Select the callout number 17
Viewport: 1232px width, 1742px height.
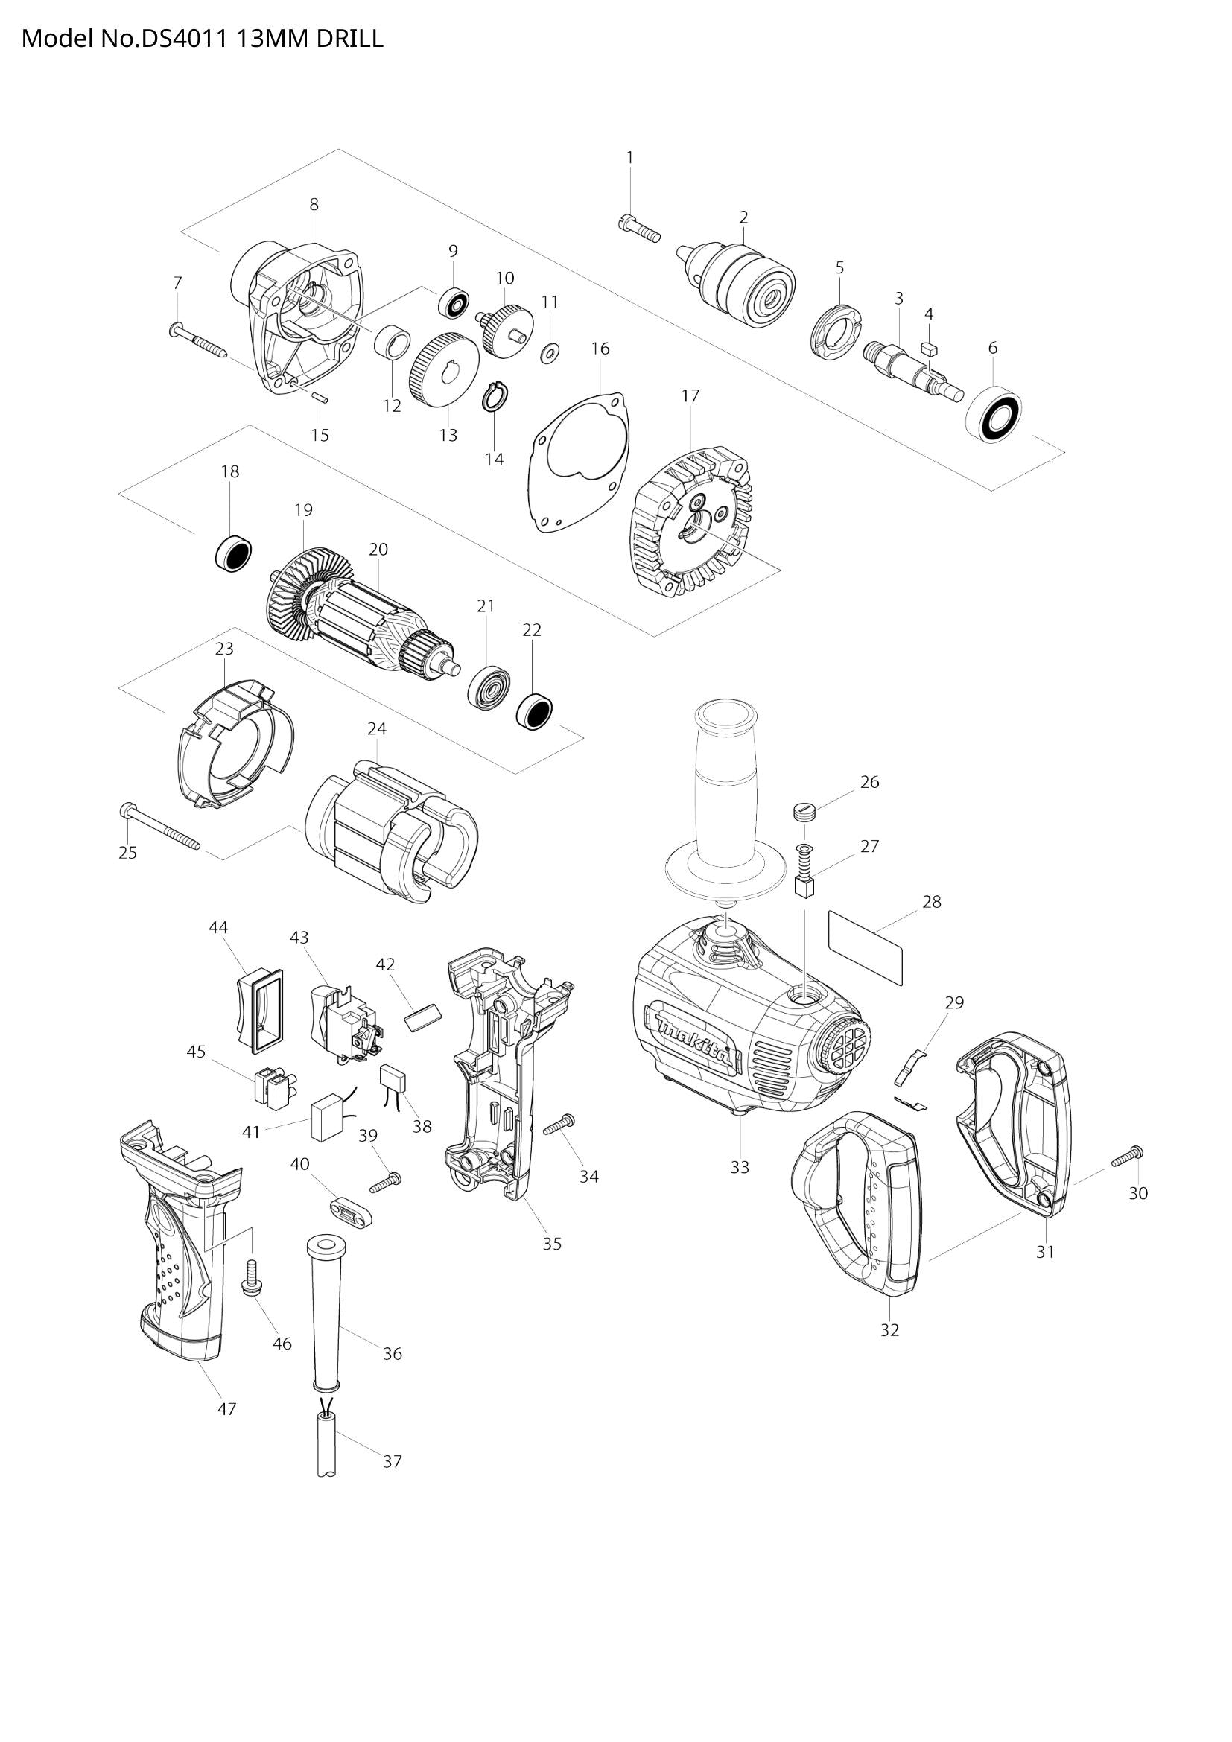tap(690, 396)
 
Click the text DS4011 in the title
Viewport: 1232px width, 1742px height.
tap(182, 39)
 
